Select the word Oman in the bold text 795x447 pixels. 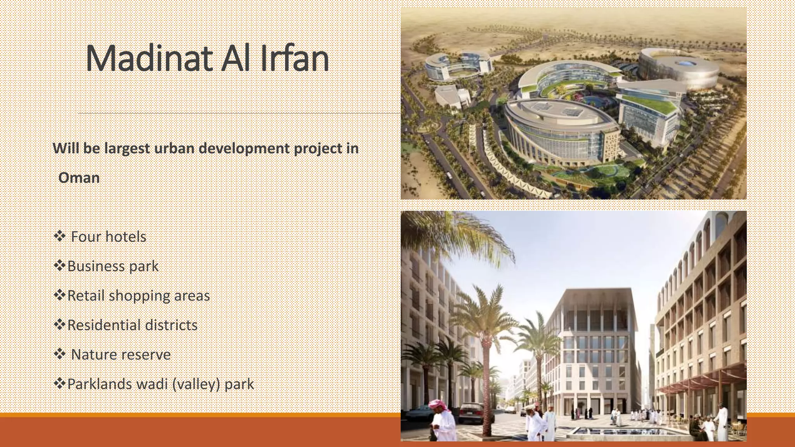pyautogui.click(x=79, y=178)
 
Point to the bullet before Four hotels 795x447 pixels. pyautogui.click(x=59, y=236)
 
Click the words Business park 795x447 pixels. pyautogui.click(x=113, y=266)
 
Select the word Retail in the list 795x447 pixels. pyautogui.click(x=86, y=296)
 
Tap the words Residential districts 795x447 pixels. pyautogui.click(x=132, y=325)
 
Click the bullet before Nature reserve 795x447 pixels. pyautogui.click(x=59, y=354)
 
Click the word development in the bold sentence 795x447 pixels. pyautogui.click(x=244, y=149)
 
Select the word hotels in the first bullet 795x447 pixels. pyautogui.click(x=125, y=237)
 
